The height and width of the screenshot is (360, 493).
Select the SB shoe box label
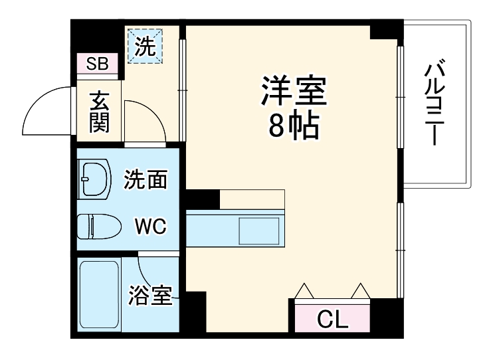[98, 64]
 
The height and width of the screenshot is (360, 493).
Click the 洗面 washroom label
[145, 180]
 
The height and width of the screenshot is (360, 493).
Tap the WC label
[151, 226]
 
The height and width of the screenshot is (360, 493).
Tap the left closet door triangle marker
[304, 291]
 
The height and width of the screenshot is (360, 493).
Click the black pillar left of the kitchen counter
[202, 198]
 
